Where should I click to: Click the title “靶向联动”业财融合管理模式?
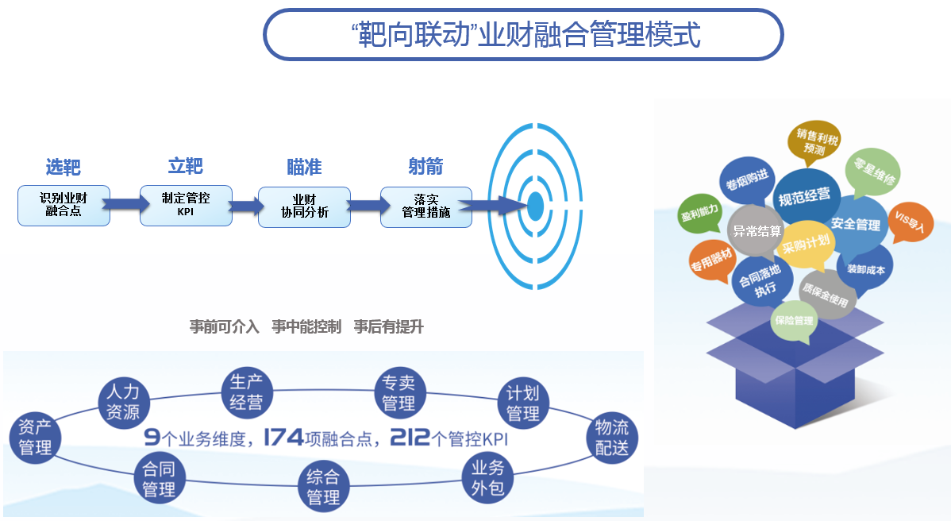coord(524,35)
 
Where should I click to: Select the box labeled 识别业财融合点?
coord(64,205)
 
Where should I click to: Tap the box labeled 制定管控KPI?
coord(186,205)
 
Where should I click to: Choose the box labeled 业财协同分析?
coord(304,206)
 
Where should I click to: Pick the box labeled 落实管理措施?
coord(426,206)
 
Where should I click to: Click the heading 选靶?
coord(63,167)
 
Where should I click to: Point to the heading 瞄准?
coord(304,167)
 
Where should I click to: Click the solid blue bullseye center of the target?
coord(536,206)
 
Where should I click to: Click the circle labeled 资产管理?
coord(35,437)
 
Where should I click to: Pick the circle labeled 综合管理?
coord(323,487)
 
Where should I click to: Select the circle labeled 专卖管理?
coord(398,393)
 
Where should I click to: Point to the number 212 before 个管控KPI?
coord(410,437)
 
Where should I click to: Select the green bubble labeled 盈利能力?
coord(699,212)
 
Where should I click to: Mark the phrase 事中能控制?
coord(306,326)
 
